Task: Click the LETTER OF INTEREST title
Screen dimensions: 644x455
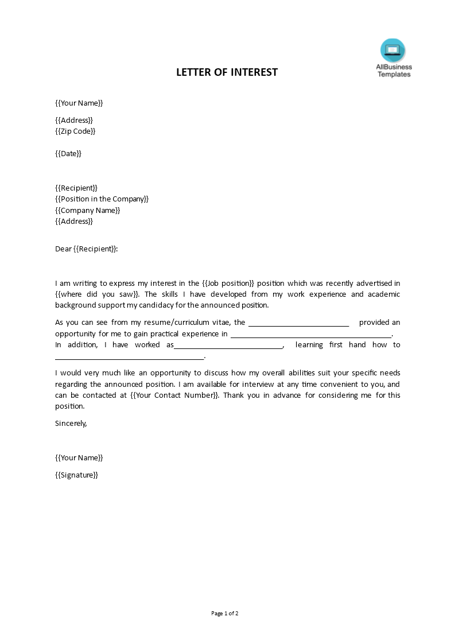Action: [227, 72]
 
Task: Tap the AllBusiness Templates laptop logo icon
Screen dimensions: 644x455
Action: [392, 50]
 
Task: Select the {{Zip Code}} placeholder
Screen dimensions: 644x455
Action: [75, 131]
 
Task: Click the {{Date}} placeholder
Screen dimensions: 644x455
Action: [68, 153]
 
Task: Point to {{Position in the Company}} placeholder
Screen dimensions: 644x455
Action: [102, 199]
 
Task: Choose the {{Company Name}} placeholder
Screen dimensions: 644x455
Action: [88, 210]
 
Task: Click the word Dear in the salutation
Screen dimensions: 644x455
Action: [63, 249]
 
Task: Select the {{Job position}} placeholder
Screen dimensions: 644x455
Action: [228, 283]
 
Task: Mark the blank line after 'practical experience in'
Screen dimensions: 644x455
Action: [310, 335]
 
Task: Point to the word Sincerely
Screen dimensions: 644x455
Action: [71, 423]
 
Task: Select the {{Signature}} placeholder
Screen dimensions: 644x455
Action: [77, 475]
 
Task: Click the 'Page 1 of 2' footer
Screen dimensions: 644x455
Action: [225, 613]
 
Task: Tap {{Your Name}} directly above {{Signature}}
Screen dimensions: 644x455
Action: [79, 457]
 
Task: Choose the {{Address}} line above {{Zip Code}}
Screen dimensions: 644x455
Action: [74, 120]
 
